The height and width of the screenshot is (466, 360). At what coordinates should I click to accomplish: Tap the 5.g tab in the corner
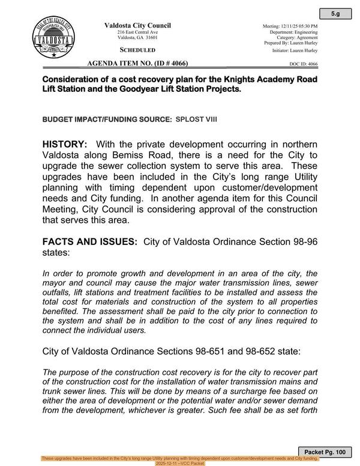[x=340, y=13]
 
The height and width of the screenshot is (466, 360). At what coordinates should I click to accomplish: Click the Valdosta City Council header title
[x=138, y=25]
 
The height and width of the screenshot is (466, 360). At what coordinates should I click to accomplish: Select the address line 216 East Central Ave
[x=138, y=32]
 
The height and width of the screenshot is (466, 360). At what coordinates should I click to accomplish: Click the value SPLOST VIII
[x=196, y=120]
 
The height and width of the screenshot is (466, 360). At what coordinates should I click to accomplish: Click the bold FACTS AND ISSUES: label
[x=90, y=241]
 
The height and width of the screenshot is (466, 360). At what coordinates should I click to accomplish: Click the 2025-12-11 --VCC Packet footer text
[x=180, y=463]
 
